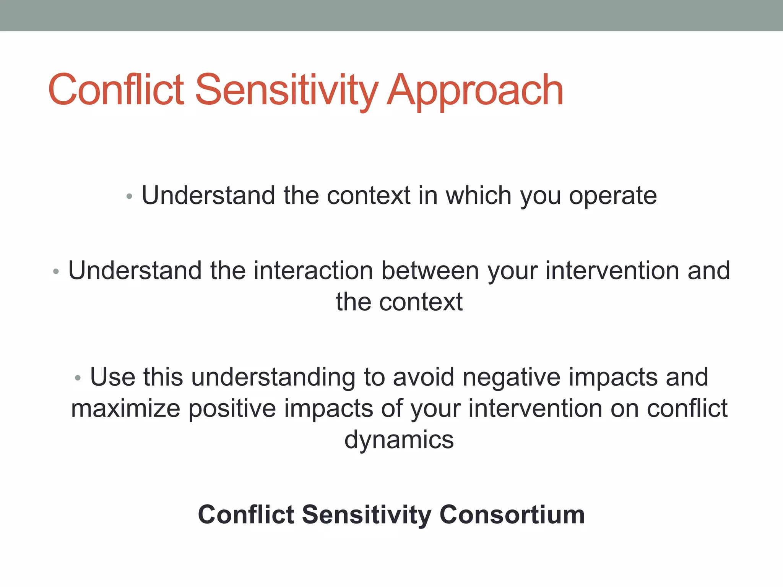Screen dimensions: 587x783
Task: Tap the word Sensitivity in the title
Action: [x=287, y=91]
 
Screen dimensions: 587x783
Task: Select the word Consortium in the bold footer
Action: [x=512, y=514]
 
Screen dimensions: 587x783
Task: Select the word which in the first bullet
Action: [x=478, y=195]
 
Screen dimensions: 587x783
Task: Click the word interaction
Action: [x=313, y=271]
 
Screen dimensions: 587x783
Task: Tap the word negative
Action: [x=511, y=378]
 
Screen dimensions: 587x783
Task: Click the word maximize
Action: [x=125, y=409]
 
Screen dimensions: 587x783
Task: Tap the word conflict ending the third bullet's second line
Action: [x=687, y=408]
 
